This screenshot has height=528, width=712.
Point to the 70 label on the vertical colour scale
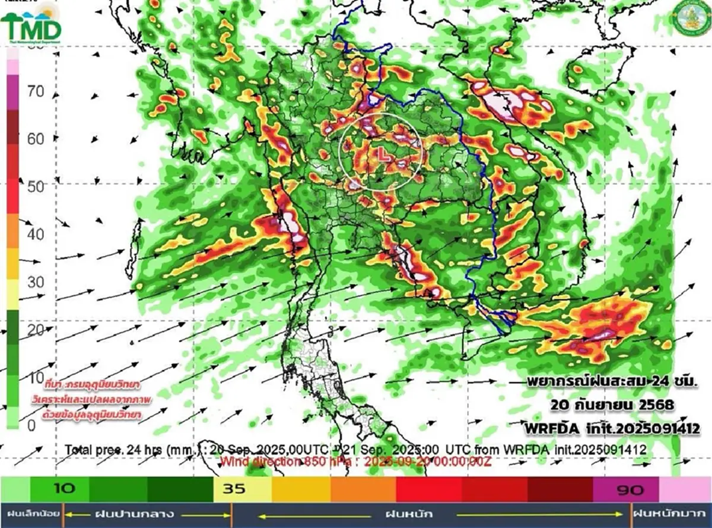coord(36,91)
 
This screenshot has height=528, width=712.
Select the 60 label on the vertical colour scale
coord(36,139)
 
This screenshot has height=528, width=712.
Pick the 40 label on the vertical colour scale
coord(36,234)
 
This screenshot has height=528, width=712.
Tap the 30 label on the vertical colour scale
coord(36,282)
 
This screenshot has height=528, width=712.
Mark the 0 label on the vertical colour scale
coord(31,425)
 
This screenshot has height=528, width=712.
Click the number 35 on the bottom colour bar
coord(234,489)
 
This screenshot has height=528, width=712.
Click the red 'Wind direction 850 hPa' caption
coord(356,461)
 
